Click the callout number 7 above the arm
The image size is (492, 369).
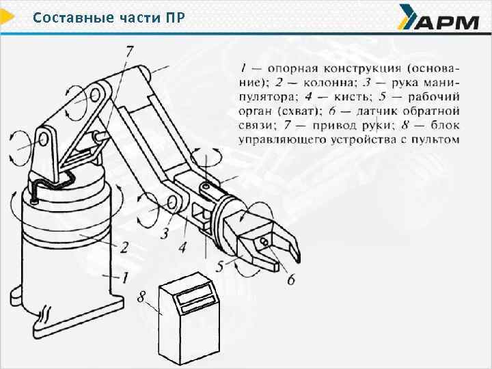tap(129, 53)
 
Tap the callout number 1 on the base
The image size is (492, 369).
tap(125, 277)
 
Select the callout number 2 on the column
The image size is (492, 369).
tap(124, 247)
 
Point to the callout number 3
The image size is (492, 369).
tap(165, 233)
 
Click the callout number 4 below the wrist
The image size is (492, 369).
tap(182, 247)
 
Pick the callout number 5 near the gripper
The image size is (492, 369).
tap(219, 266)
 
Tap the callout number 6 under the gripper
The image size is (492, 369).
tap(291, 279)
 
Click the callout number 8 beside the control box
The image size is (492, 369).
tap(142, 296)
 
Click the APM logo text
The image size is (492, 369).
tap(447, 23)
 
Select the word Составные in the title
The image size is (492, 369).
tap(73, 18)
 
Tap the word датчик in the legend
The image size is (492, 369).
tap(377, 111)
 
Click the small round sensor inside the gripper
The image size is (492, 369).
tap(264, 241)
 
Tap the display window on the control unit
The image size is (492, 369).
tap(195, 297)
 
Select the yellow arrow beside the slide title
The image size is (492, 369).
tap(6, 17)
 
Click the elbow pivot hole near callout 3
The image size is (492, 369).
tap(172, 203)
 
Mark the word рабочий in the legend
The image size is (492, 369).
tap(434, 97)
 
